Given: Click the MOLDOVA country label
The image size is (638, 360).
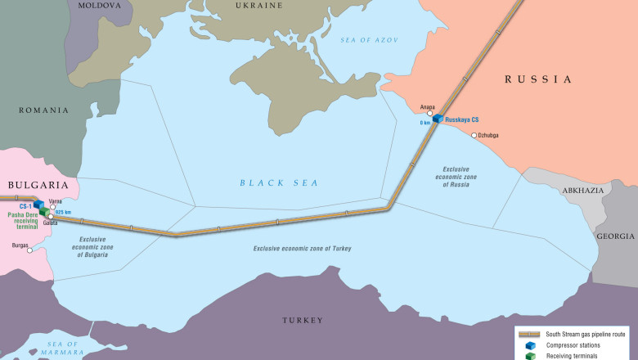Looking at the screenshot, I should point(99,5).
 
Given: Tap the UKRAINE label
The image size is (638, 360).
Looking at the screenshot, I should point(259,5).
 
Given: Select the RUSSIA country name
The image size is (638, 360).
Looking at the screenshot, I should point(537,79).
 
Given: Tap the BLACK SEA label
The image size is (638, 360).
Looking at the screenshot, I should point(279,182).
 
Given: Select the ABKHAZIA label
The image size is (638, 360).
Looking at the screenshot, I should point(583,190).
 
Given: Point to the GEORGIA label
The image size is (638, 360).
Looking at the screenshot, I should point(615,236).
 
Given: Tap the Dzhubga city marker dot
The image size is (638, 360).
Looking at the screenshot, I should point(474,135).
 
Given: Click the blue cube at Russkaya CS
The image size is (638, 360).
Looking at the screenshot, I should point(438,119).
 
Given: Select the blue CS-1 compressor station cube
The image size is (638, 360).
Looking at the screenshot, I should point(38,205).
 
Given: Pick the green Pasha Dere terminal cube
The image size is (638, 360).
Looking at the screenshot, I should point(43,213).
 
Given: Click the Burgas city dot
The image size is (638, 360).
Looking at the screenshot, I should point(30,250).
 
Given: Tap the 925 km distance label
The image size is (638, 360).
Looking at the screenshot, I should point(62,213).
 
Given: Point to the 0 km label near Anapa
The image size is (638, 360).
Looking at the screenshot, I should point(425,123).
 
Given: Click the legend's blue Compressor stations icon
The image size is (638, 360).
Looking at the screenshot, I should point(530,345).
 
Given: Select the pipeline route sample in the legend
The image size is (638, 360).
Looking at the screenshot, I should point(529,334).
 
